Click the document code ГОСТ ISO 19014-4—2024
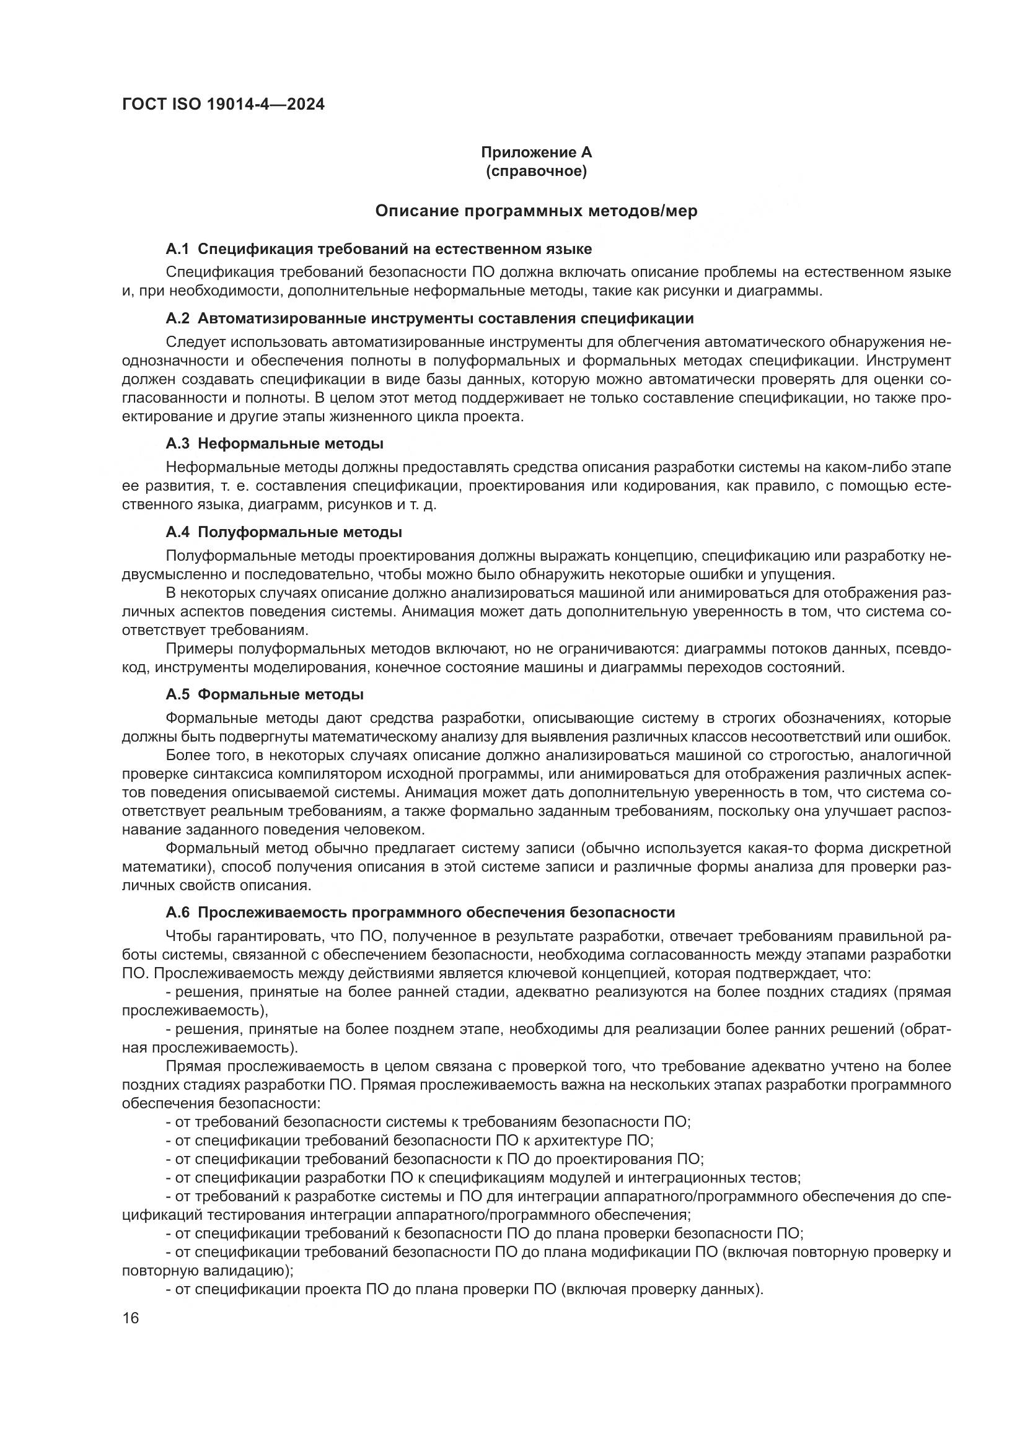[223, 104]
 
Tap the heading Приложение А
[537, 152]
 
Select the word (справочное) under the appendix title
[537, 171]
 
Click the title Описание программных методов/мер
[537, 211]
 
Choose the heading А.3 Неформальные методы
[275, 444]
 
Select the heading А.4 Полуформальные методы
[284, 532]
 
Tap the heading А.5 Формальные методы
[265, 695]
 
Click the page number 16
[131, 1318]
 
